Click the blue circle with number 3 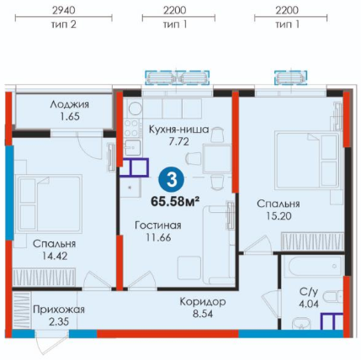pyautogui.click(x=172, y=180)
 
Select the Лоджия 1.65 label pyautogui.click(x=70, y=110)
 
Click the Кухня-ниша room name pyautogui.click(x=179, y=130)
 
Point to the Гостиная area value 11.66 pyautogui.click(x=158, y=237)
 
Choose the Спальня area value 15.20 pyautogui.click(x=279, y=216)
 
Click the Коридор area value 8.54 pyautogui.click(x=203, y=314)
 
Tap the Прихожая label pyautogui.click(x=59, y=310)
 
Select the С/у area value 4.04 pyautogui.click(x=309, y=304)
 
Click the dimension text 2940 pyautogui.click(x=64, y=10)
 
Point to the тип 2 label pyautogui.click(x=64, y=24)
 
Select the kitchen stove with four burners pyautogui.click(x=131, y=128)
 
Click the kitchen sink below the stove pyautogui.click(x=133, y=147)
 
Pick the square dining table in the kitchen pyautogui.click(x=217, y=158)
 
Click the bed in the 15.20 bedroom pyautogui.click(x=307, y=160)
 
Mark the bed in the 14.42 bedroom pyautogui.click(x=50, y=204)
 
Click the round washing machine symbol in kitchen pyautogui.click(x=135, y=109)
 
